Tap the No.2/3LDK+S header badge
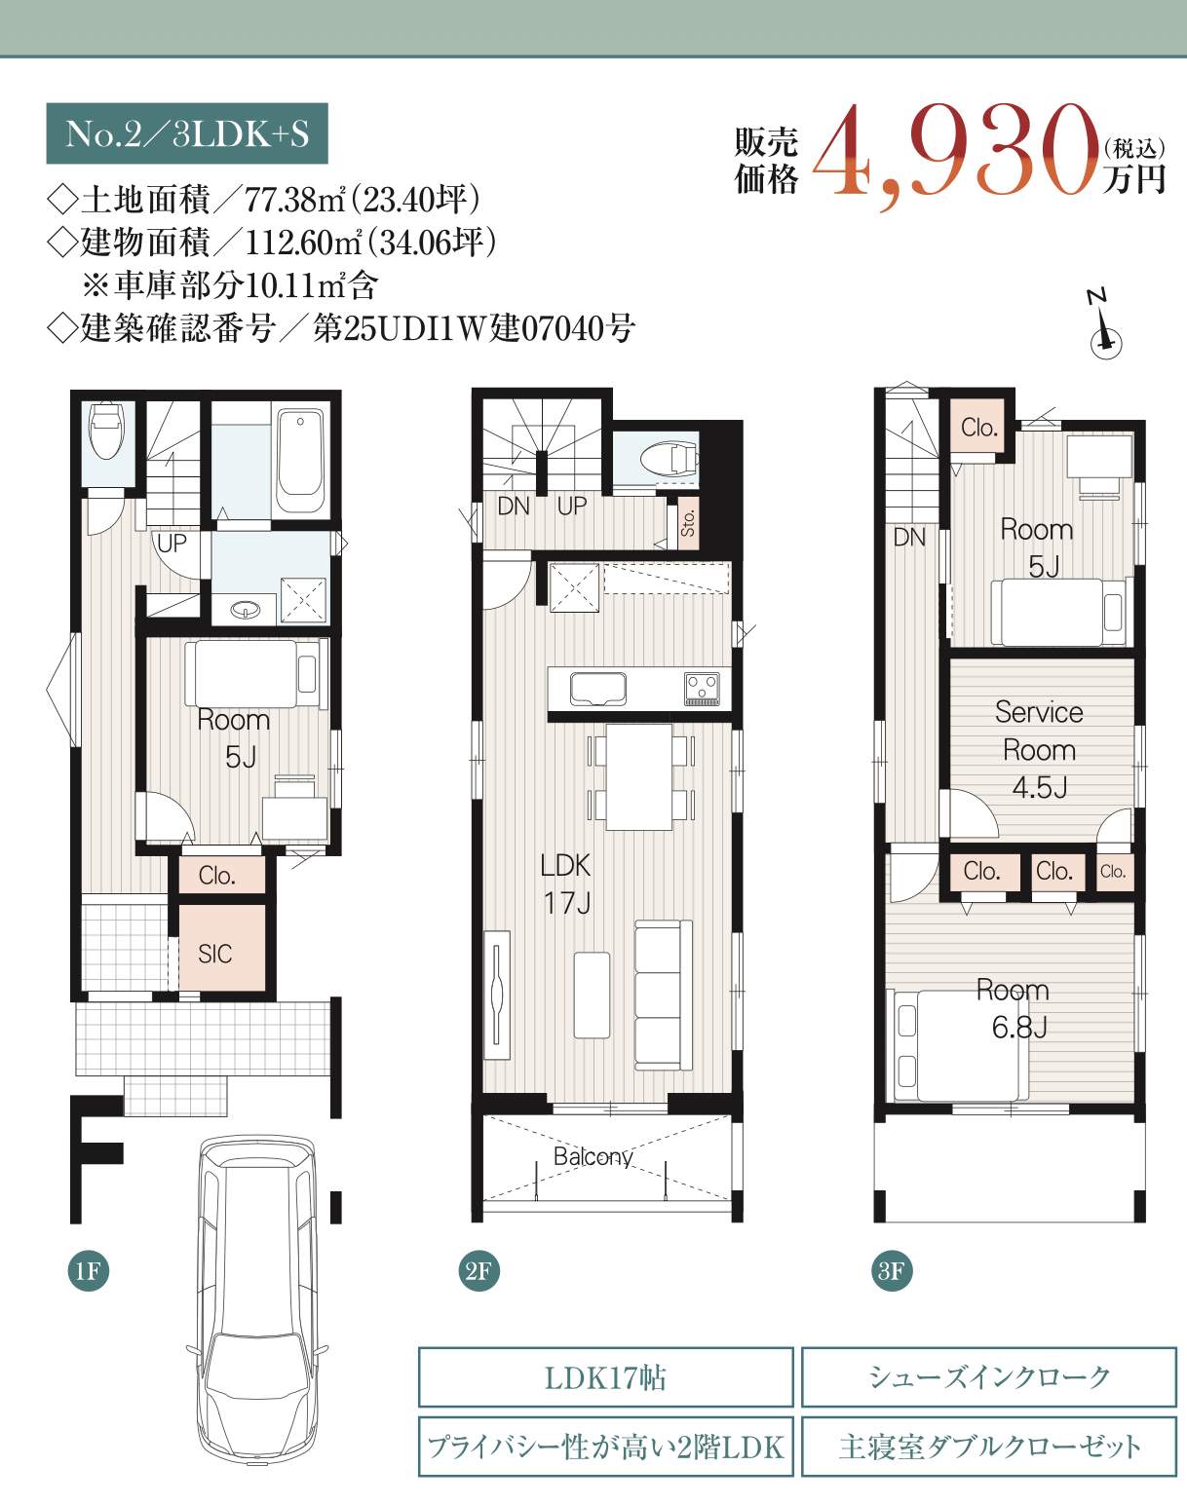click(x=187, y=133)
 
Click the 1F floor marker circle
click(x=89, y=1270)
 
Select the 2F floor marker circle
click(x=479, y=1270)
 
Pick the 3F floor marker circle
click(x=892, y=1270)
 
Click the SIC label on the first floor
click(x=214, y=954)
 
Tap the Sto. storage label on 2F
click(x=688, y=522)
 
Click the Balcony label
click(x=593, y=1156)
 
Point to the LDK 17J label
click(x=566, y=884)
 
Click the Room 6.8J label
click(x=1015, y=1008)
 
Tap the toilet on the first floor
click(x=107, y=430)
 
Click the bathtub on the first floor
click(x=300, y=462)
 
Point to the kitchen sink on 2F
click(x=598, y=689)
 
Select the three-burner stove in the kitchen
click(x=703, y=689)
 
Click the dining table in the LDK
click(x=639, y=776)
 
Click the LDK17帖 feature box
click(x=606, y=1377)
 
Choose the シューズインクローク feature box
click(x=989, y=1377)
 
